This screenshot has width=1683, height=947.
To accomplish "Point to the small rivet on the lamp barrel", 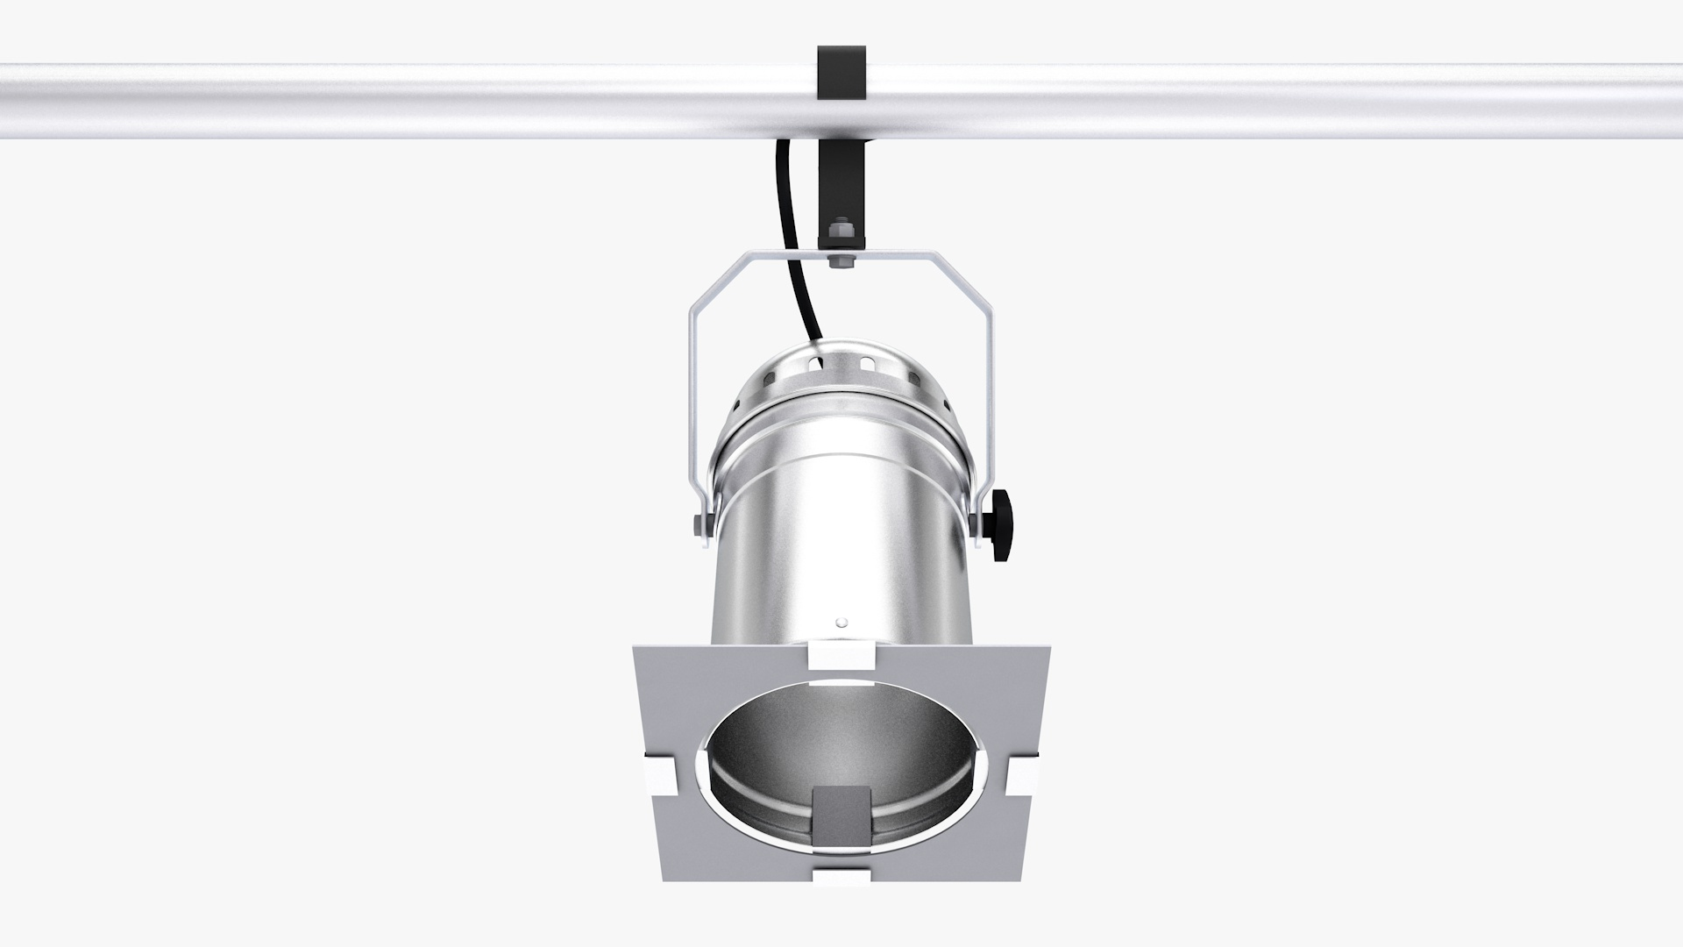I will [x=841, y=623].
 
